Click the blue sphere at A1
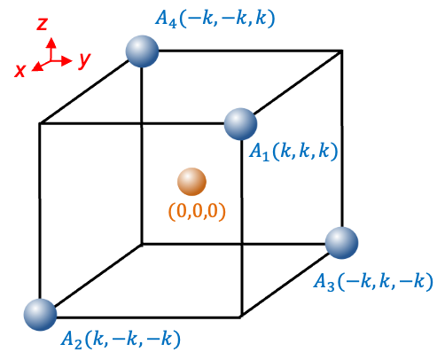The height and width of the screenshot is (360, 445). pos(240,124)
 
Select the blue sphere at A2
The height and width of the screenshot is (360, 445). pos(40,315)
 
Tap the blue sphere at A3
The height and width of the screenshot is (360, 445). pos(342,243)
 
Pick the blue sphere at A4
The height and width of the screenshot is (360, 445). pos(142,51)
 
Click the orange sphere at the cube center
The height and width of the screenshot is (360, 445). pos(191,182)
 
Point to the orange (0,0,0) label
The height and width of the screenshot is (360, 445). pos(197,212)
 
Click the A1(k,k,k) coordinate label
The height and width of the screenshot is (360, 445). pos(293,152)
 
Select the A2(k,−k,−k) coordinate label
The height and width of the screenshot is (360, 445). pos(121,340)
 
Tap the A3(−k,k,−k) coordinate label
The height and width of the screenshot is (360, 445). pos(373,281)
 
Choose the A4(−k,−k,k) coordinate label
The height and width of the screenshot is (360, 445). pos(215,19)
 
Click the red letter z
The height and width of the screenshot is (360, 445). pos(42,24)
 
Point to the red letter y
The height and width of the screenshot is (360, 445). pos(84,60)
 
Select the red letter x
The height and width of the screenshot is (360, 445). pos(20,71)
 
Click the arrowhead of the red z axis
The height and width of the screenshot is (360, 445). pos(51,43)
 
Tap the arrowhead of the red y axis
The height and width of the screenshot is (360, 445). pos(67,61)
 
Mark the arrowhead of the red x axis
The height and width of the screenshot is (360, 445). pos(36,67)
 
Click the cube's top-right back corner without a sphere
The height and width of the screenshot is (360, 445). pos(342,51)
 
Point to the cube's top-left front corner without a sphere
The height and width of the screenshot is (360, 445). pos(40,123)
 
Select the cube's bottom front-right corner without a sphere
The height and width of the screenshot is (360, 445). pos(241,317)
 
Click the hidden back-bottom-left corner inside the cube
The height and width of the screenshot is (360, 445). pos(142,244)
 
